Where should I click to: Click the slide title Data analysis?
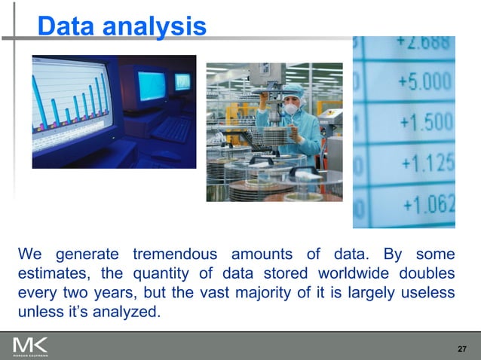[x=121, y=27]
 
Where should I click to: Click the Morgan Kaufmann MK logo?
[x=29, y=347]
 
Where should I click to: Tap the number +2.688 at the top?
[x=422, y=42]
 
